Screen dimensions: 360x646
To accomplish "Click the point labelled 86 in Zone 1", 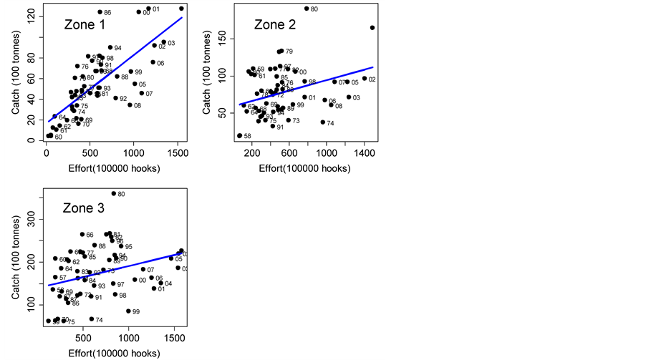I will (x=100, y=12).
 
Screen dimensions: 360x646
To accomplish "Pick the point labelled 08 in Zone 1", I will (x=130, y=105).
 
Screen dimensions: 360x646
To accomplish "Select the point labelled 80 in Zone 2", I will (x=307, y=9).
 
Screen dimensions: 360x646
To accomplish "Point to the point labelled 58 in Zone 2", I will (x=239, y=135).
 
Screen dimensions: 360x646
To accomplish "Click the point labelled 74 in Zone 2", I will (x=322, y=122).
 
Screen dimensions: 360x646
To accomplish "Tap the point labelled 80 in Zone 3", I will (x=113, y=194).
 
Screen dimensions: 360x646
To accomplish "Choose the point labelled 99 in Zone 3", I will (x=128, y=311).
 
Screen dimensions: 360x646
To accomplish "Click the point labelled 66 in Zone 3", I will (x=82, y=235).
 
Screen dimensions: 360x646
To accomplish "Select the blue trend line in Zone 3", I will (x=115, y=270).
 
